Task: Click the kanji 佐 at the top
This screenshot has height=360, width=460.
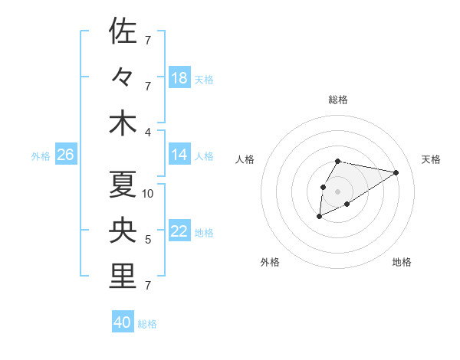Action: click(123, 31)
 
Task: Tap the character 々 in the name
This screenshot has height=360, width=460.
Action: click(123, 77)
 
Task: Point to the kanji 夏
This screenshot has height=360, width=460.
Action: click(123, 185)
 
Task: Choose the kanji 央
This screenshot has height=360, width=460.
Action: click(123, 231)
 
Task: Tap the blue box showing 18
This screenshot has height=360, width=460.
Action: click(179, 78)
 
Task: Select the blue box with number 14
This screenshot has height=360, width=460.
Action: click(179, 155)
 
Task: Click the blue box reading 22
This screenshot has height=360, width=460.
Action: click(179, 232)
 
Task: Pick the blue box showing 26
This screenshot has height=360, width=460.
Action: click(65, 155)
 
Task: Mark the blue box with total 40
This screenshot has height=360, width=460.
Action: click(122, 322)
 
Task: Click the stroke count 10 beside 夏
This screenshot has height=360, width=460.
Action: click(148, 194)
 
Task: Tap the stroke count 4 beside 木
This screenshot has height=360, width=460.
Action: click(147, 132)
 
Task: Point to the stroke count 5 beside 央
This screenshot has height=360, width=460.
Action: click(147, 240)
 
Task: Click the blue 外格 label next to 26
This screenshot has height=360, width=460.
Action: click(41, 156)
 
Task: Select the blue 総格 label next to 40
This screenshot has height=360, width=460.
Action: click(147, 324)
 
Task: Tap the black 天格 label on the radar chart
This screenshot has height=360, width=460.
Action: click(431, 159)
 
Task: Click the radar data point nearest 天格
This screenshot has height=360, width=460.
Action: click(396, 172)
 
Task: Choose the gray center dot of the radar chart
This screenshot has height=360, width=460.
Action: click(337, 191)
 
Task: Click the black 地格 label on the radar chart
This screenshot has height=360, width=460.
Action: click(402, 262)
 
